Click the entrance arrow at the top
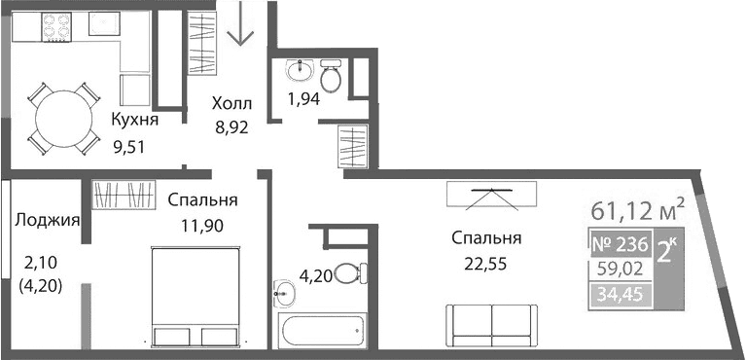point(240,27)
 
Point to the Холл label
point(232,103)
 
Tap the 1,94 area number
point(304,98)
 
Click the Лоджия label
point(47,220)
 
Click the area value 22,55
point(486,262)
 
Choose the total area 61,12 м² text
point(638,209)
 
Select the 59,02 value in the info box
point(620,269)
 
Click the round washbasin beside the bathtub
point(283,291)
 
